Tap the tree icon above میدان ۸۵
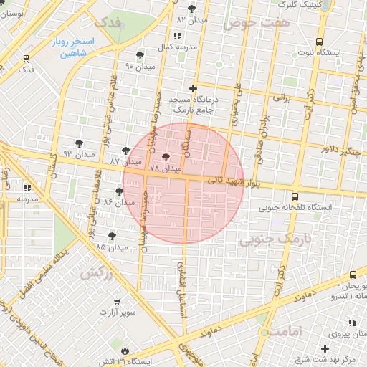[x=113, y=236]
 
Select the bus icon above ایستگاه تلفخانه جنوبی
[x=295, y=196]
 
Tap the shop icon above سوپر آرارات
[x=118, y=302]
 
